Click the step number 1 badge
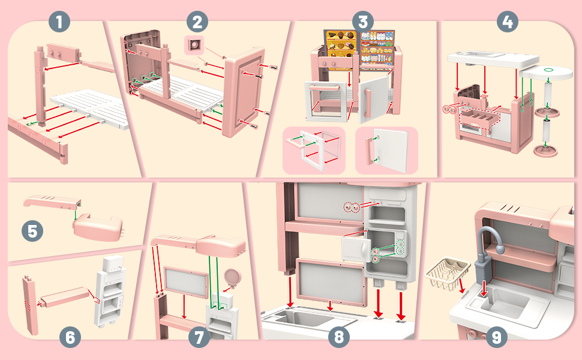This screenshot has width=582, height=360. (x=59, y=22)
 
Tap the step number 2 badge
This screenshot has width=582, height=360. (x=197, y=22)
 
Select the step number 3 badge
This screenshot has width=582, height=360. (x=362, y=22)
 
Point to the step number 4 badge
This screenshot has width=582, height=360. (x=508, y=22)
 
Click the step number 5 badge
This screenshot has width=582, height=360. (x=32, y=231)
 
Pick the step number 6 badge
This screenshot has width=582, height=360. (x=70, y=337)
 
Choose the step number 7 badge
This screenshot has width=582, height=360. (x=199, y=337)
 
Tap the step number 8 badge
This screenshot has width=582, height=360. (x=339, y=337)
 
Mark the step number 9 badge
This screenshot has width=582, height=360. (x=496, y=337)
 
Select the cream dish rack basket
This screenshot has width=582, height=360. (x=444, y=275)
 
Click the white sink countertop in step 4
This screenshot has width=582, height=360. (x=493, y=60)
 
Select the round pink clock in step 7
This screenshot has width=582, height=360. (x=232, y=278)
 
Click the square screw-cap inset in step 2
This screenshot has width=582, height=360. (x=194, y=45)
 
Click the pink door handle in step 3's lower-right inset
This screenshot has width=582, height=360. (x=370, y=151)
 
